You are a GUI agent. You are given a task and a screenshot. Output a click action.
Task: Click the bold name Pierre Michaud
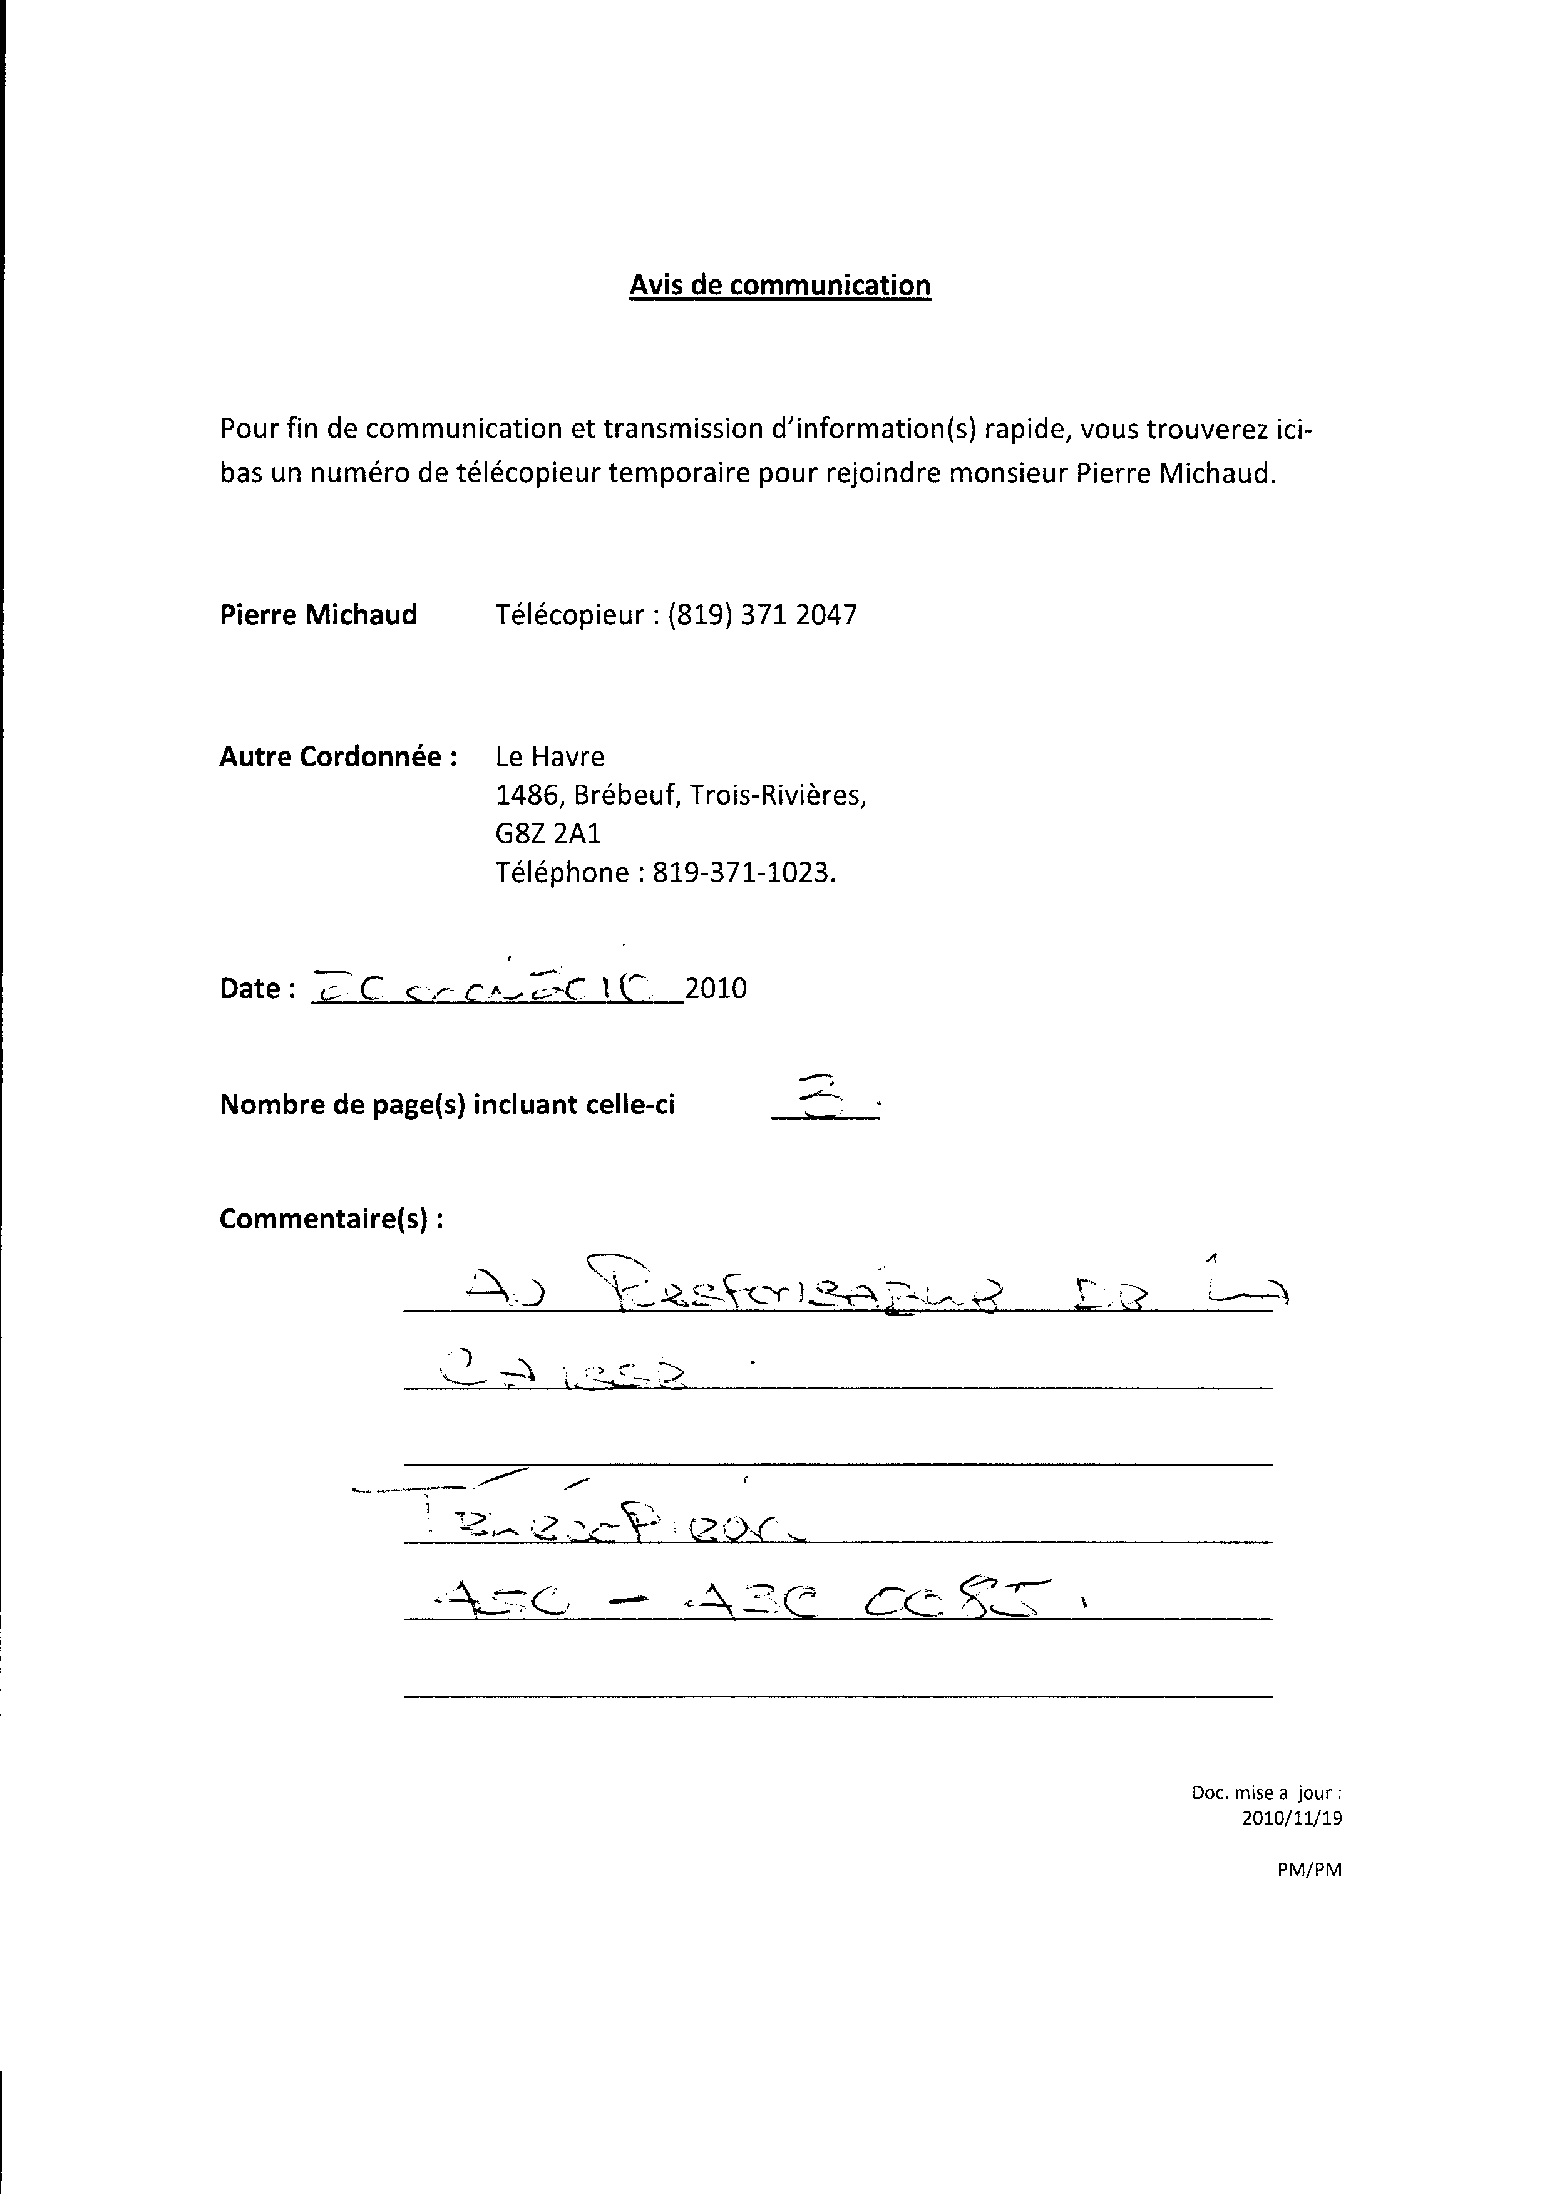point(318,614)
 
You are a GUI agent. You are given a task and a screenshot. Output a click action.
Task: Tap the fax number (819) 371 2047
point(762,614)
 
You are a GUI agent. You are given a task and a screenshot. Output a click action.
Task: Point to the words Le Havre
point(550,757)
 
